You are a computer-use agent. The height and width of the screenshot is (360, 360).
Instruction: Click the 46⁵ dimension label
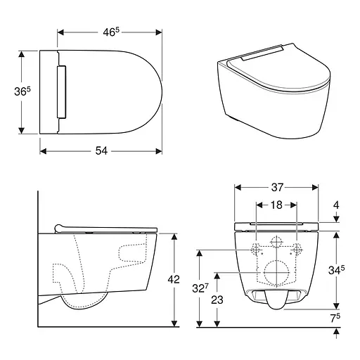click(x=111, y=32)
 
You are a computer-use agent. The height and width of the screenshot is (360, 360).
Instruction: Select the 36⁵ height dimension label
click(x=22, y=91)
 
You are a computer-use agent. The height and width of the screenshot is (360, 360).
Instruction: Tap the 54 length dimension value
click(x=101, y=150)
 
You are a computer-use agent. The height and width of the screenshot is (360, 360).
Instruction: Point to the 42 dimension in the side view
click(x=174, y=279)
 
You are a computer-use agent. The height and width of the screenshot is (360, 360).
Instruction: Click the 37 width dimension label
click(x=277, y=187)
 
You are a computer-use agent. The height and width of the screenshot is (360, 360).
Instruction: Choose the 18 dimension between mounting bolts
click(x=276, y=205)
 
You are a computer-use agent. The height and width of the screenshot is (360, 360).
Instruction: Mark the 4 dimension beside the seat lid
click(x=336, y=205)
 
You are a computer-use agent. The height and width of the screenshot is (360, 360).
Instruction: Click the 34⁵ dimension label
click(x=336, y=270)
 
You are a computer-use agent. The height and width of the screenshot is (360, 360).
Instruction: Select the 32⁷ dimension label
click(x=200, y=288)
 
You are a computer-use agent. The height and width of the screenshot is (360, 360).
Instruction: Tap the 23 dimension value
click(x=217, y=300)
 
